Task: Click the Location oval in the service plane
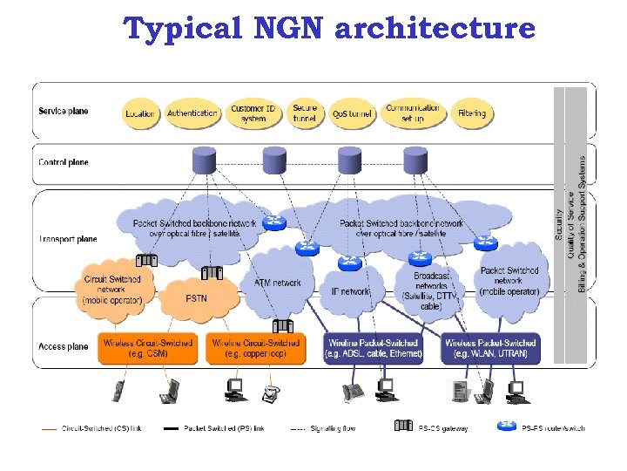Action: pos(140,114)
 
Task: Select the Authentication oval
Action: pos(192,113)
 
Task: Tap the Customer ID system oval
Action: pos(254,114)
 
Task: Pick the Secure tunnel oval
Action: pos(305,113)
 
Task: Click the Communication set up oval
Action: pos(413,113)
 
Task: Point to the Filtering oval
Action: pos(472,114)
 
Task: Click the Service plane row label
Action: pos(63,111)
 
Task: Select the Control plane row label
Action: pos(63,162)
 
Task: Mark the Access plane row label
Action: pos(63,346)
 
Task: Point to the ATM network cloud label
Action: pos(276,283)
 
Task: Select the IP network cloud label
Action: pos(350,291)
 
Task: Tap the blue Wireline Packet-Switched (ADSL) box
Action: pos(373,348)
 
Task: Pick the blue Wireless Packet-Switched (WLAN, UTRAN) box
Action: pos(490,348)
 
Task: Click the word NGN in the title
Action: pos(286,29)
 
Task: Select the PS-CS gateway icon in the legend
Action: pos(403,427)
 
